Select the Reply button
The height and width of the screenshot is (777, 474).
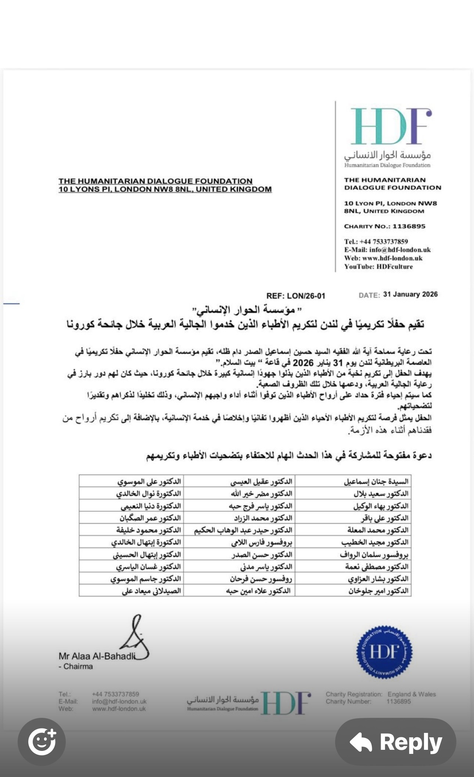tap(396, 742)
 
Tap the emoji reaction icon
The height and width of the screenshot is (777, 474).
tap(42, 742)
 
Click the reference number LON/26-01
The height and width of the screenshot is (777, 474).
tap(306, 296)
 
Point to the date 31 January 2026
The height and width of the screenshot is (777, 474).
tap(410, 294)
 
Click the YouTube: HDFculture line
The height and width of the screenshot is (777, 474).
tap(378, 267)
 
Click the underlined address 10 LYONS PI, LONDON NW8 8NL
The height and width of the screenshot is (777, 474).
tap(165, 189)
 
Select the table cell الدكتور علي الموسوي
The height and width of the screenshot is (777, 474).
tap(149, 481)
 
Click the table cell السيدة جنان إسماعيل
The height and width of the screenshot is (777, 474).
tap(376, 481)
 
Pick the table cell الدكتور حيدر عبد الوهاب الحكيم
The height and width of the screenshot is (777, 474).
tap(243, 530)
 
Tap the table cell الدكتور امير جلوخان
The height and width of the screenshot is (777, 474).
tap(378, 591)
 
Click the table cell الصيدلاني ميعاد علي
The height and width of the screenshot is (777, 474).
tap(151, 591)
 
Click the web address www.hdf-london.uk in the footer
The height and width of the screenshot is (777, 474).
tap(119, 709)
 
